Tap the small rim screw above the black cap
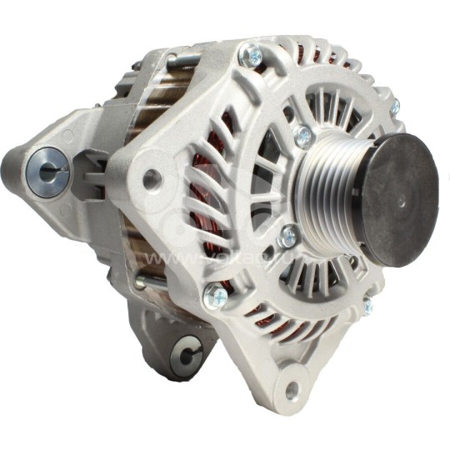(x=394, y=107)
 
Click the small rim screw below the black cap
(x=367, y=307)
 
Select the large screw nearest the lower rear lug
(x=215, y=292)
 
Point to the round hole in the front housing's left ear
(x=151, y=179)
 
